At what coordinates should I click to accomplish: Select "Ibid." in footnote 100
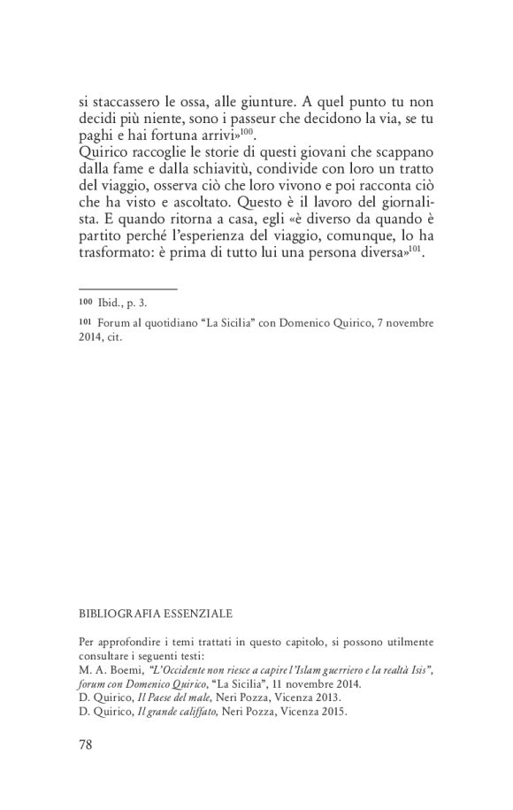pyautogui.click(x=110, y=303)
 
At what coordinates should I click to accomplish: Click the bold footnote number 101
pyautogui.click(x=86, y=324)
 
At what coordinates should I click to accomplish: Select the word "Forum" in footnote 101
pyautogui.click(x=112, y=324)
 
